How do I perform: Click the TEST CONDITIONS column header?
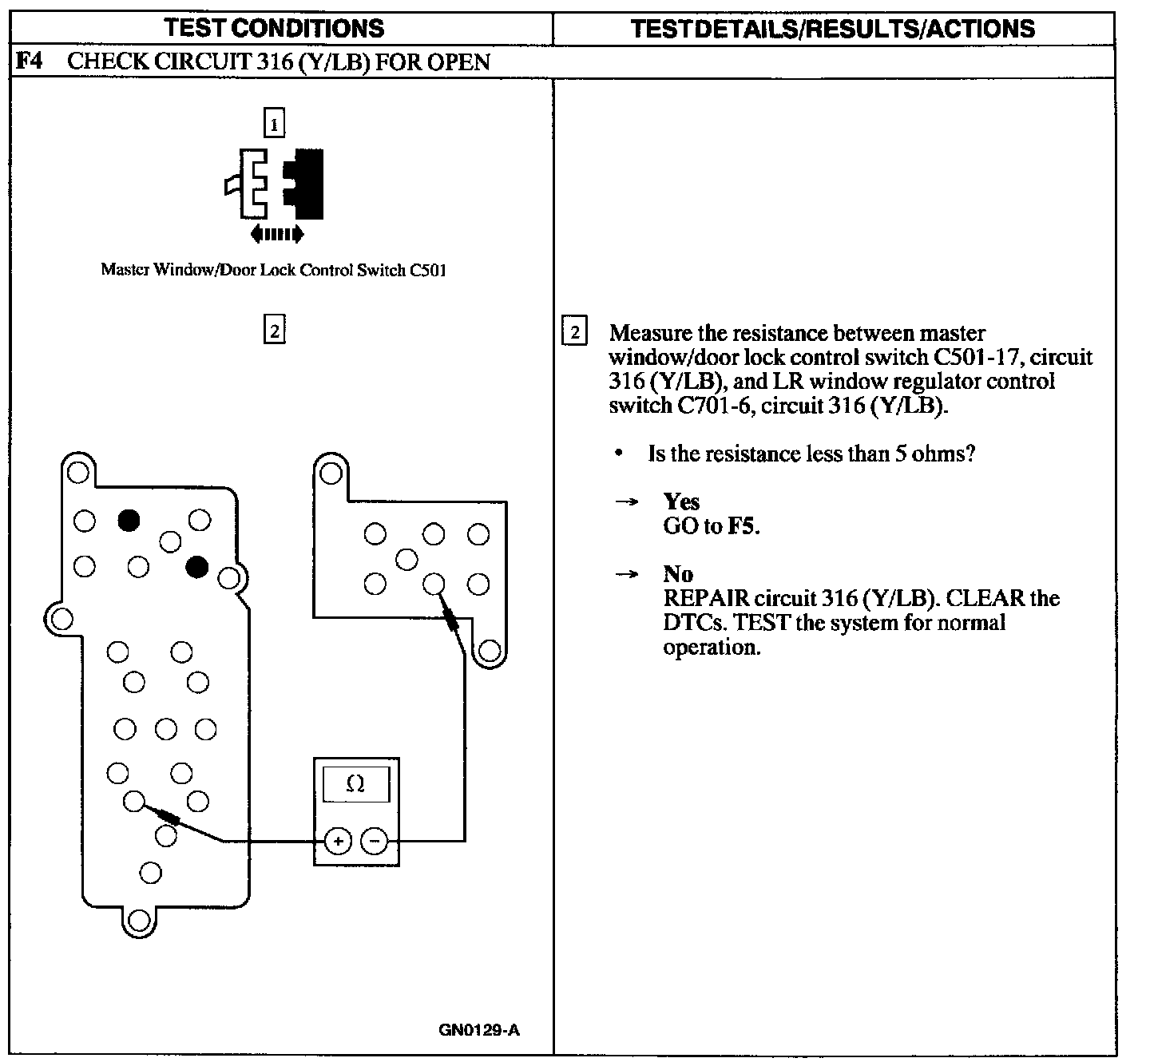click(x=274, y=29)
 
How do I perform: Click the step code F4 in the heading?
click(x=29, y=61)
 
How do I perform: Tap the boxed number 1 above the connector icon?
click(x=274, y=125)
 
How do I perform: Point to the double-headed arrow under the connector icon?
click(x=276, y=234)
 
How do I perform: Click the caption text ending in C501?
click(x=273, y=270)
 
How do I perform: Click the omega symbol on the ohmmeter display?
click(x=355, y=784)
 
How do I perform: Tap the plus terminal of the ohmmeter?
click(x=338, y=841)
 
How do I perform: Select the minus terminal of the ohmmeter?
click(x=374, y=841)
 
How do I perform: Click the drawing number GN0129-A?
click(x=479, y=1029)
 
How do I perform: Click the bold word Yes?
click(x=681, y=501)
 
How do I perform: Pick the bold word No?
click(x=678, y=574)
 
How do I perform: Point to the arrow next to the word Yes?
click(x=627, y=502)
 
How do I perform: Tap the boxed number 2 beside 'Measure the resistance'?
click(x=574, y=331)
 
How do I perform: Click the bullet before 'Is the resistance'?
click(x=619, y=454)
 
